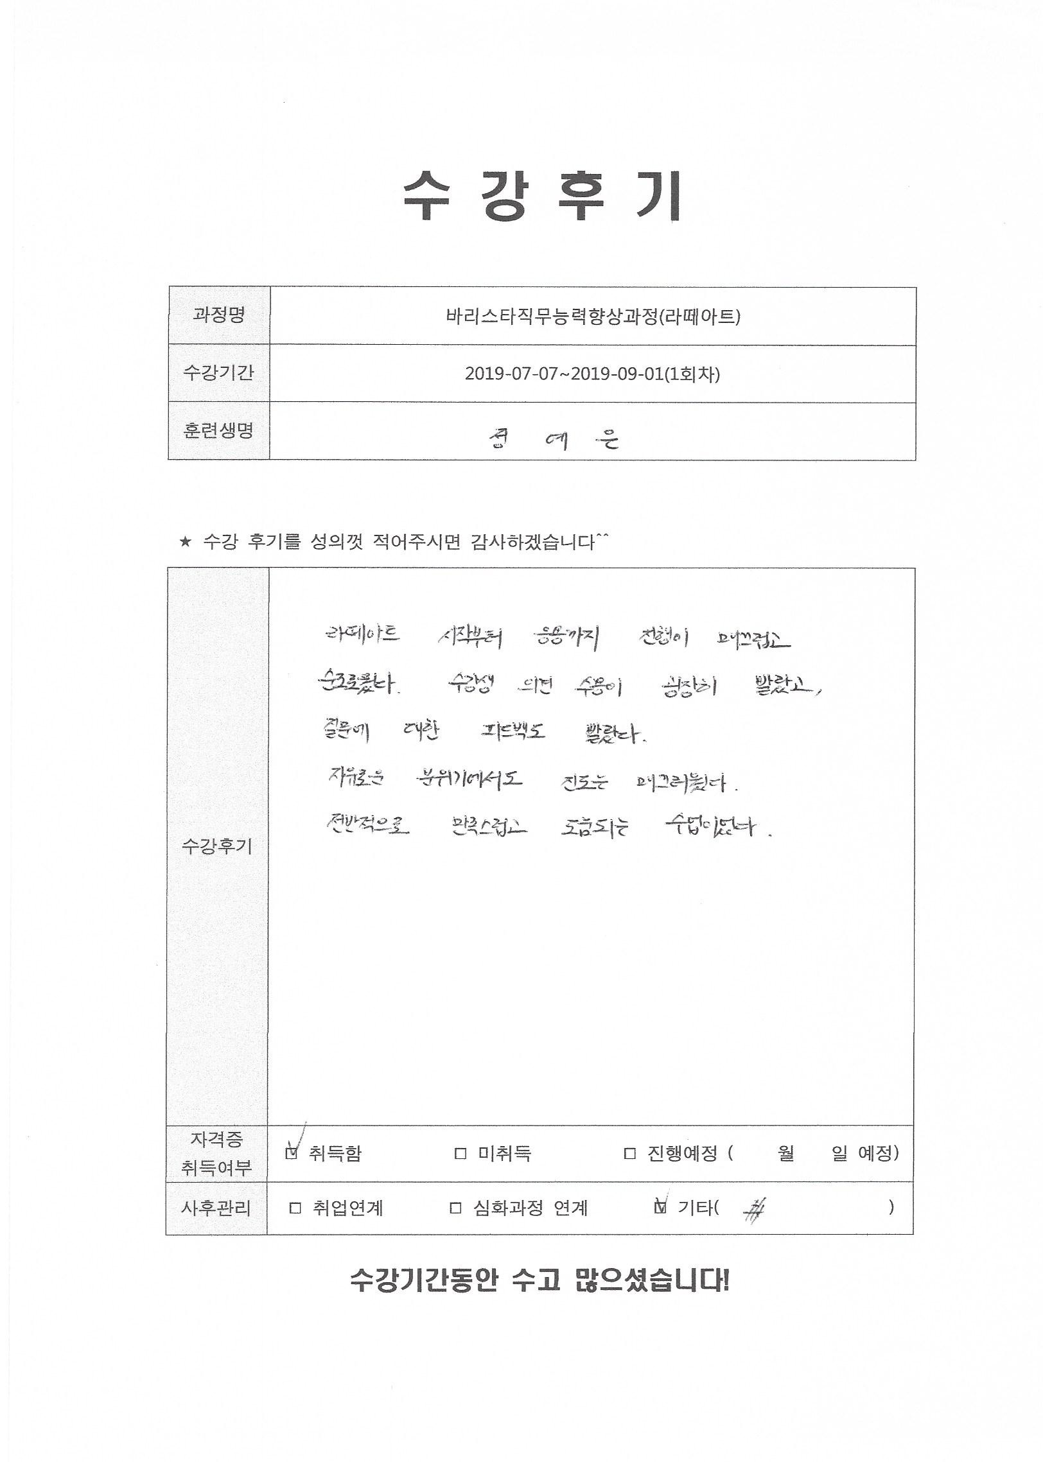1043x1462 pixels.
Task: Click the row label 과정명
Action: (219, 315)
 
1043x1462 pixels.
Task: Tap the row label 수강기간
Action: (218, 373)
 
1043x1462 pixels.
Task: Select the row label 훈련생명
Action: (218, 431)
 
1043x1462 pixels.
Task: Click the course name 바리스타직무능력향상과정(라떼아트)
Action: (593, 317)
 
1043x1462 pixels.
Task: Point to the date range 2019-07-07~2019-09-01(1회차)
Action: (592, 374)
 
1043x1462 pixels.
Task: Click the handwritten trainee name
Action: (553, 439)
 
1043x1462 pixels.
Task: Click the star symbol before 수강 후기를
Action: (186, 543)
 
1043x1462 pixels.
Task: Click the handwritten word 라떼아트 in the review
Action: (362, 635)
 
